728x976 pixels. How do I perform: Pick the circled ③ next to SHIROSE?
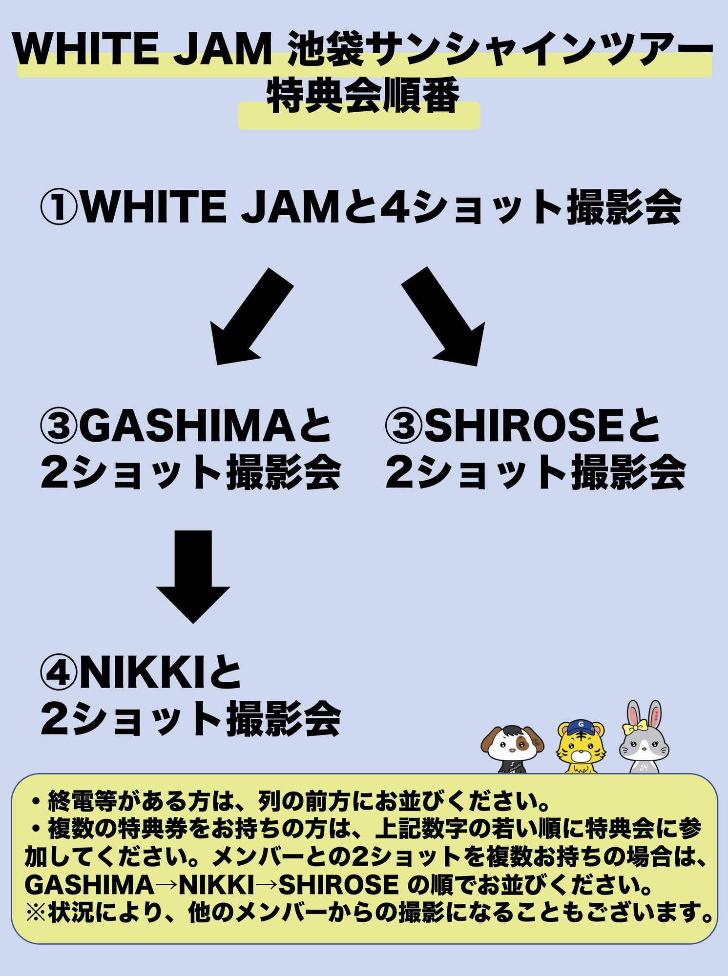[x=403, y=425]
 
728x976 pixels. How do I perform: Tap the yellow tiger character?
[x=581, y=747]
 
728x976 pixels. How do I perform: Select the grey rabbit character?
[x=645, y=742]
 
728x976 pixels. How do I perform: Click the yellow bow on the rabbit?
[x=634, y=728]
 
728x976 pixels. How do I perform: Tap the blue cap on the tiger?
[x=582, y=726]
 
